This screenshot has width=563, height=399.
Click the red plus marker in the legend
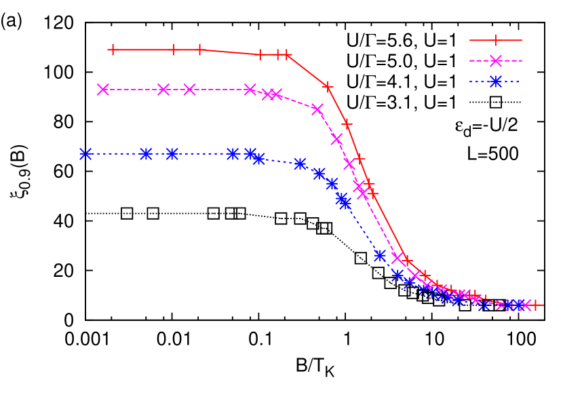tap(496, 41)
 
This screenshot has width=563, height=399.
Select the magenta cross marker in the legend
tap(496, 61)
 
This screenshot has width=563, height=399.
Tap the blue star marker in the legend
tap(496, 81)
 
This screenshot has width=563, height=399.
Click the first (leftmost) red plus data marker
tap(112, 50)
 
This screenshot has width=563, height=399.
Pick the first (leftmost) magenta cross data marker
tap(103, 90)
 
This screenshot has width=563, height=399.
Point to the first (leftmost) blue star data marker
tap(85, 154)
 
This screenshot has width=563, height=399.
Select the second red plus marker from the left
tap(174, 50)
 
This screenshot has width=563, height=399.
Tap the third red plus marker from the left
tap(199, 50)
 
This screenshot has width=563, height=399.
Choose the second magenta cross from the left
tap(163, 90)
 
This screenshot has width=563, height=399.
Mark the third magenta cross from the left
tap(189, 90)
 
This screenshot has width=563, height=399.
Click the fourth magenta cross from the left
tap(250, 90)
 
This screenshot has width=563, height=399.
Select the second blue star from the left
tap(146, 154)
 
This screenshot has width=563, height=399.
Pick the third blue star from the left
tap(172, 154)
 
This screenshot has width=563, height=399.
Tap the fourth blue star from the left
tap(233, 154)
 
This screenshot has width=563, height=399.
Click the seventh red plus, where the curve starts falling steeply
tap(328, 87)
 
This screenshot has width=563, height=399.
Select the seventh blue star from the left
tap(300, 164)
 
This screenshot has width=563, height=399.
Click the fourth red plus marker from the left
tap(260, 54)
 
